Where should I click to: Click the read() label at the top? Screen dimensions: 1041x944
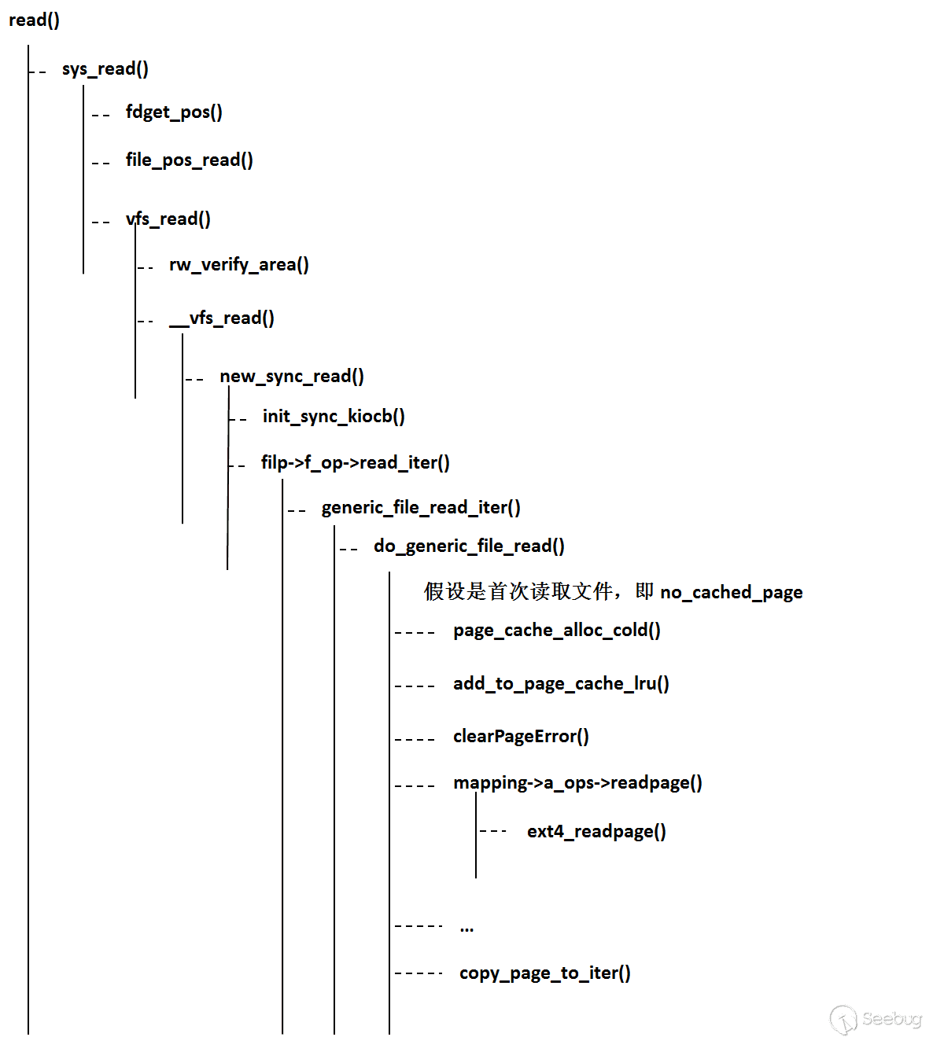[x=34, y=20]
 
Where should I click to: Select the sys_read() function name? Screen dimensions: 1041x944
[x=105, y=69]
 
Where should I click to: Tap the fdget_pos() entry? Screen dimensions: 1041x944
[x=174, y=112]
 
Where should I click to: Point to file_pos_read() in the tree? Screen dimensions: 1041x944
[x=190, y=160]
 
